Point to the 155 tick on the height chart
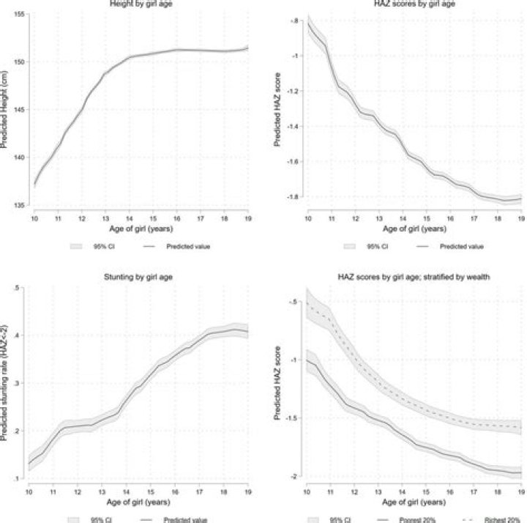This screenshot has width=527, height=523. tap(20, 14)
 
